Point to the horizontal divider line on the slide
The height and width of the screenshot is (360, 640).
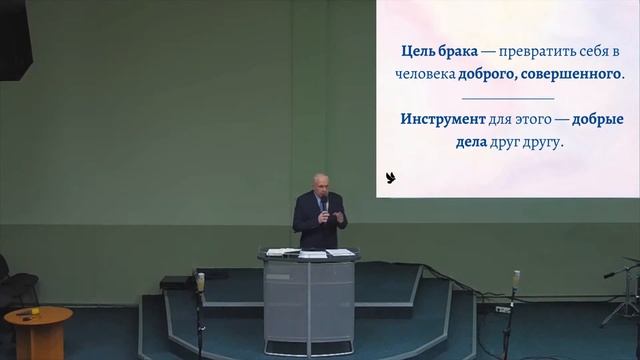click(509, 98)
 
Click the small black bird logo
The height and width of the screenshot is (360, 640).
click(391, 179)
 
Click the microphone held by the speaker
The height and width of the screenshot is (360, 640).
click(324, 204)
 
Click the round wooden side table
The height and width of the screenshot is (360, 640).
click(38, 325)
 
